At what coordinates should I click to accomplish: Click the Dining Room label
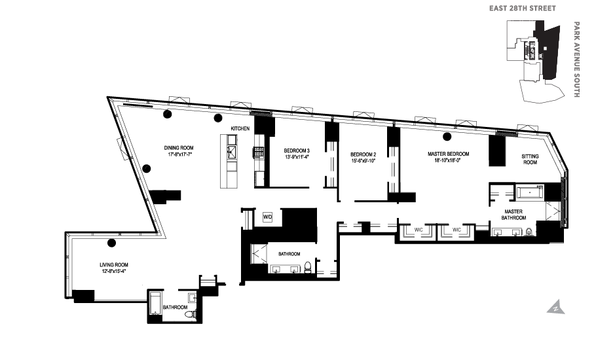click(x=178, y=148)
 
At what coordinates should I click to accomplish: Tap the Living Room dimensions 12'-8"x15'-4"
click(x=113, y=270)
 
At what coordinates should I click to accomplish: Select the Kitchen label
click(x=240, y=129)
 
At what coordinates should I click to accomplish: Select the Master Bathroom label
click(x=513, y=215)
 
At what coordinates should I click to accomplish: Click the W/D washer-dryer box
click(x=267, y=217)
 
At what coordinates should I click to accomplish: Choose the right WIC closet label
click(x=457, y=230)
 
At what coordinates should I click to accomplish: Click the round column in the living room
click(x=111, y=243)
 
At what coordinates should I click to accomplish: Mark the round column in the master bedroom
click(x=447, y=137)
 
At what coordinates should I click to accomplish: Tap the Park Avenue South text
click(x=576, y=60)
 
